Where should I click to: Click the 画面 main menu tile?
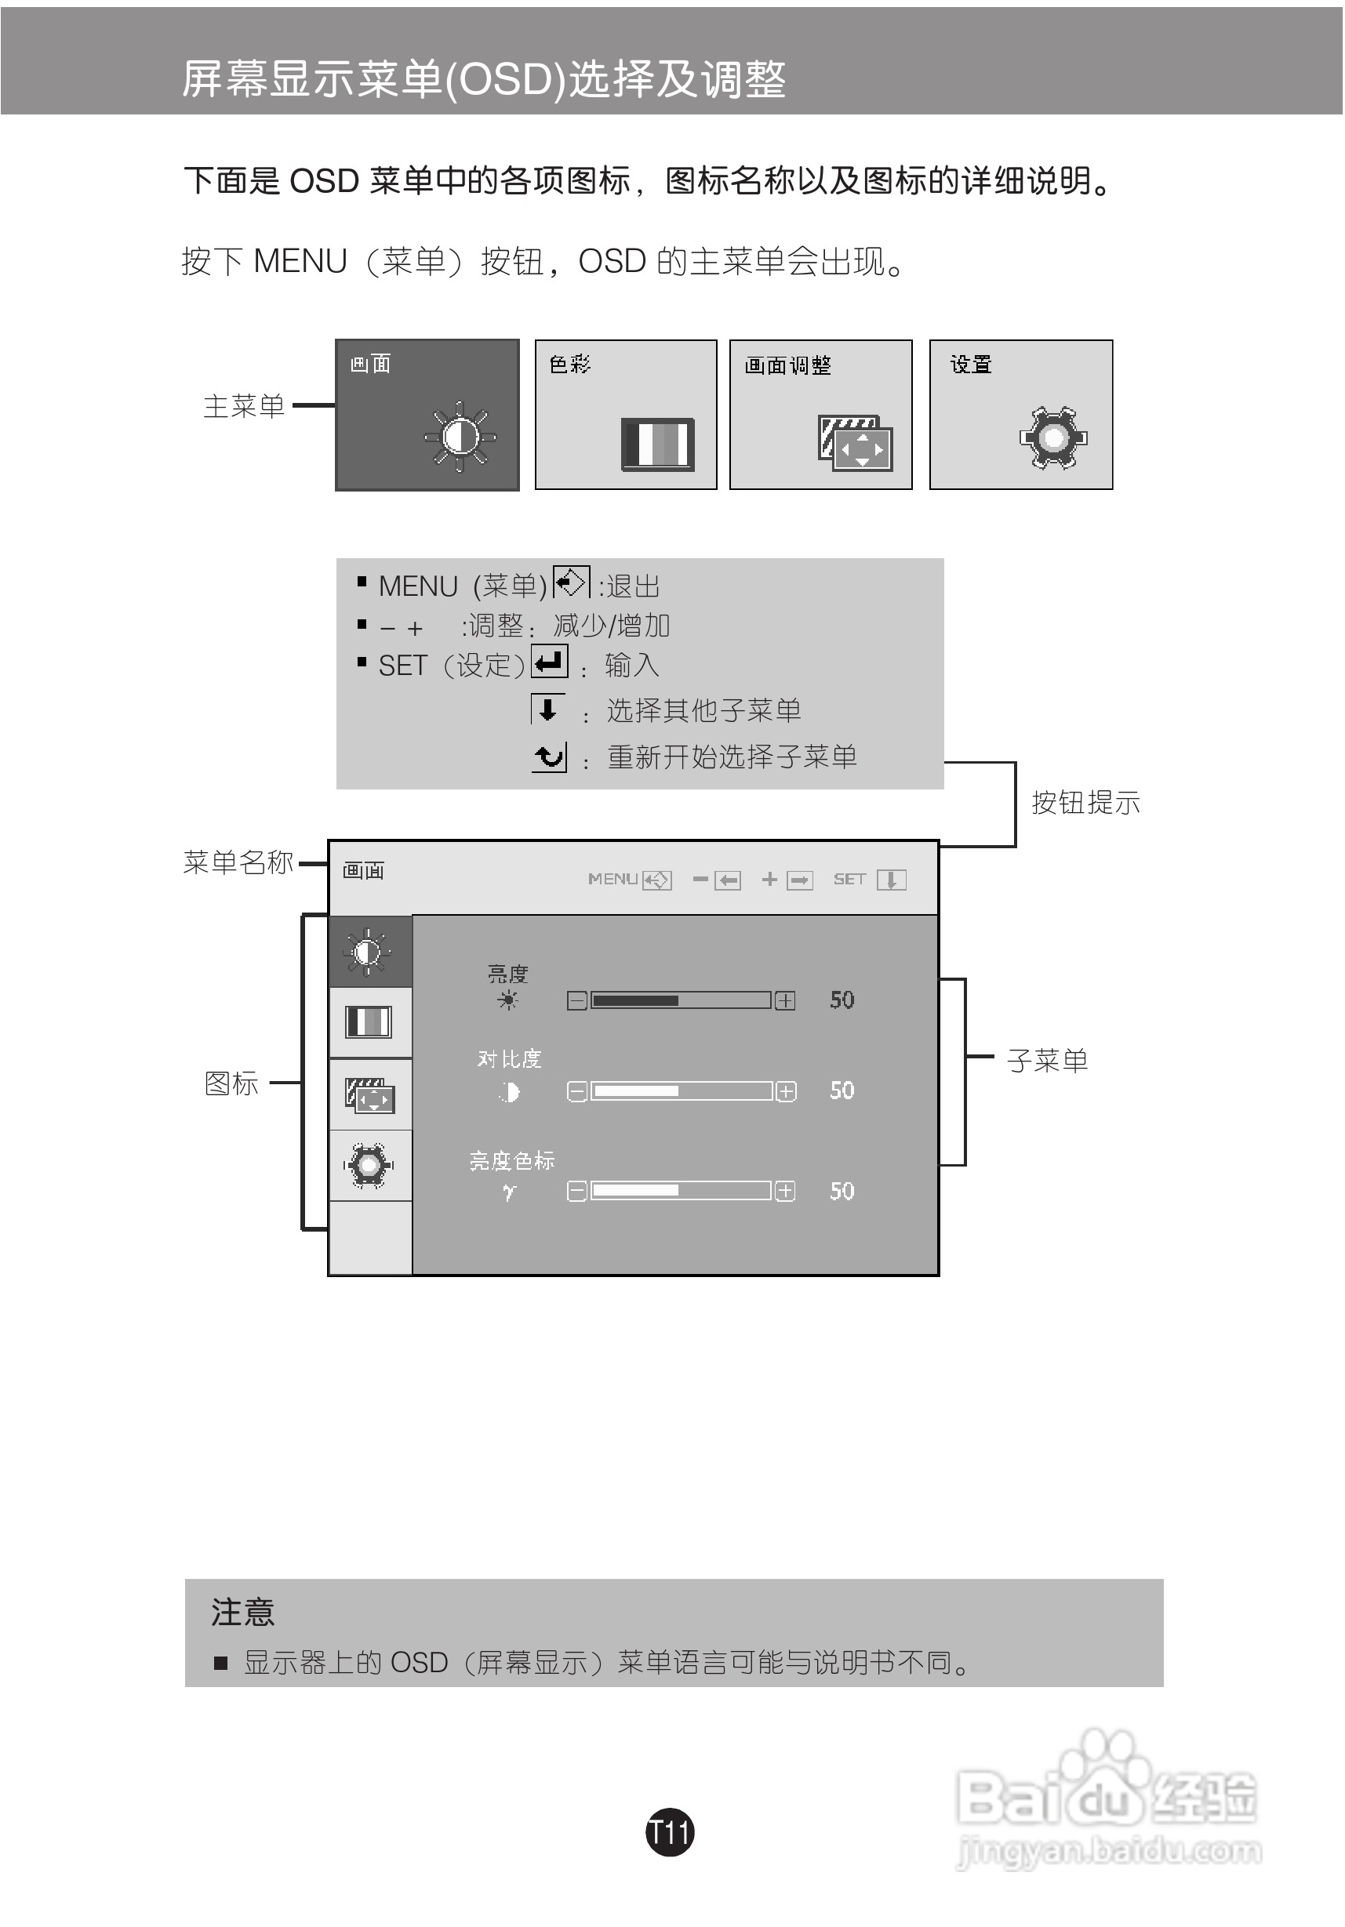click(x=427, y=415)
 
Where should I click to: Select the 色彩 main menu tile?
click(x=627, y=415)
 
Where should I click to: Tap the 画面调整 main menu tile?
click(x=820, y=415)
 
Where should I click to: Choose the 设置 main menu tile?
click(x=1021, y=415)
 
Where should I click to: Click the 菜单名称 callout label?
click(x=238, y=862)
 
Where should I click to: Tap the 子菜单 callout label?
click(x=1047, y=1061)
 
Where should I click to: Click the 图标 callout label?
click(x=231, y=1083)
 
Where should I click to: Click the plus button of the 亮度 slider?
click(x=785, y=1000)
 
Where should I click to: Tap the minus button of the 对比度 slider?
click(x=576, y=1092)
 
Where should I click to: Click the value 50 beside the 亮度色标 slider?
click(x=842, y=1191)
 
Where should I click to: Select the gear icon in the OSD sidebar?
click(x=369, y=1165)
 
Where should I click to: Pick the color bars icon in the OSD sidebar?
click(x=369, y=1022)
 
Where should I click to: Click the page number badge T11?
click(x=670, y=1832)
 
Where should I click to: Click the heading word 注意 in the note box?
click(x=242, y=1613)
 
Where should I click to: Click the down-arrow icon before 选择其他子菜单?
click(x=547, y=709)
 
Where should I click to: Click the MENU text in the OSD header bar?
click(x=613, y=879)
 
